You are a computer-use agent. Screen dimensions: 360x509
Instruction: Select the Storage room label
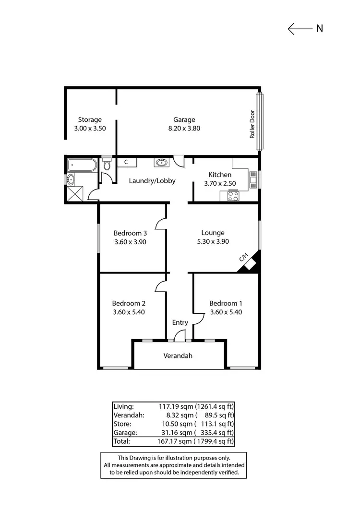point(90,120)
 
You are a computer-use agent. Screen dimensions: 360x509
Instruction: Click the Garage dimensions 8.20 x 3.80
point(184,128)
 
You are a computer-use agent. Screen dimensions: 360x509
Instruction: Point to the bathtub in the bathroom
point(82,166)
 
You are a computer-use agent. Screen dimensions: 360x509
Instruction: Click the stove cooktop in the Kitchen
point(233,196)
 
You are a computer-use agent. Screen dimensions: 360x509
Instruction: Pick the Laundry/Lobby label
point(152,181)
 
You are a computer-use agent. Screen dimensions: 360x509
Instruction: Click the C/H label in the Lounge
point(243,258)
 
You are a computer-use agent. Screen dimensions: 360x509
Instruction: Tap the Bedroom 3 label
point(130,233)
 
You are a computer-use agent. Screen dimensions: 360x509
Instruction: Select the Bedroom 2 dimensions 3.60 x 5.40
point(129,312)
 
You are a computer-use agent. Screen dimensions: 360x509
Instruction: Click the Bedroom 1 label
point(226,303)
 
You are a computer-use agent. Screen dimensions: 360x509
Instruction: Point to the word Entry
point(180,322)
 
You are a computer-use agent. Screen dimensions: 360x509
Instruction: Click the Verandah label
point(178,356)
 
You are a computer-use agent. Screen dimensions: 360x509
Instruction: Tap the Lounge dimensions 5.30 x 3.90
point(213,242)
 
